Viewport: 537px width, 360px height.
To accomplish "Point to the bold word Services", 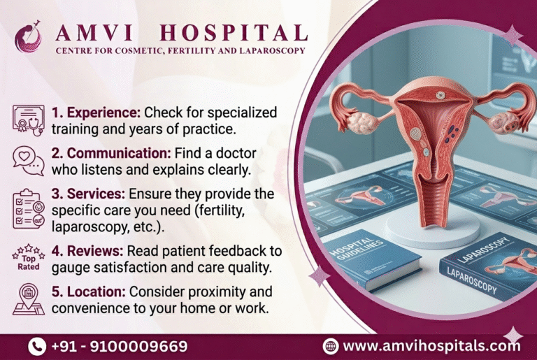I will [x=89, y=193].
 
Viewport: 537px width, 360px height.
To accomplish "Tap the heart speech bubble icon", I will [x=28, y=160].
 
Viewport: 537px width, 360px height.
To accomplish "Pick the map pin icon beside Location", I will [x=28, y=299].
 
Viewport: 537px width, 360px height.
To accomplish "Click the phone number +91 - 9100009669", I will [x=119, y=346].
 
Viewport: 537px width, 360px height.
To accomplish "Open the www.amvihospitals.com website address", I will [x=432, y=346].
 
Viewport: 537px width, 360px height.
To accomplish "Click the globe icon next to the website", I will [x=331, y=346].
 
